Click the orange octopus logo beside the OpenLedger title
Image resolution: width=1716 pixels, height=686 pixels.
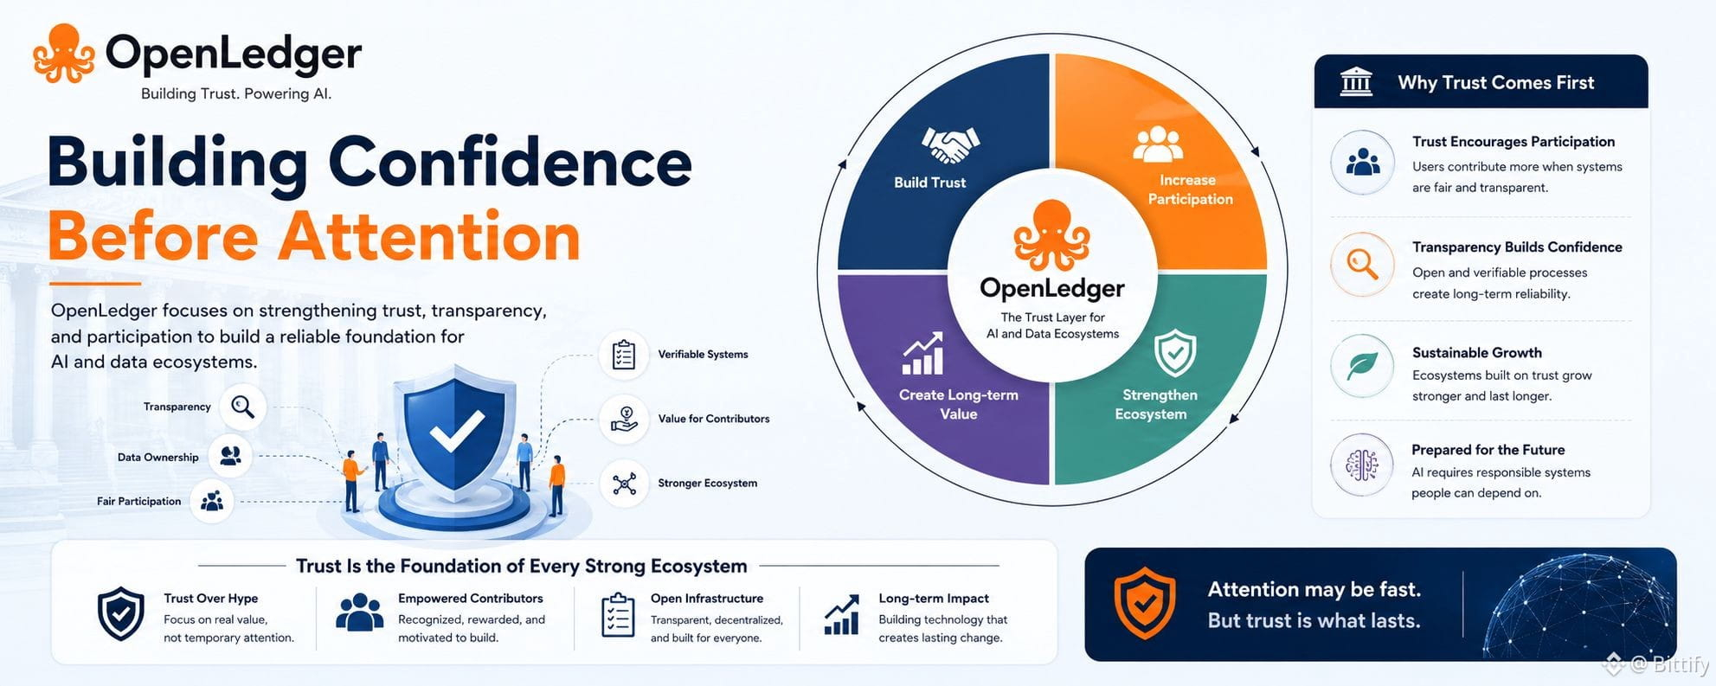click(x=64, y=54)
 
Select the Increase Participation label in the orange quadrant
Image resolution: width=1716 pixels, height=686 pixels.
click(x=1190, y=189)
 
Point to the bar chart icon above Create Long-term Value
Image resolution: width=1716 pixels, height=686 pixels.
click(x=922, y=354)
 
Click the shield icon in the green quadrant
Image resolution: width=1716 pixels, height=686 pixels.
click(x=1175, y=353)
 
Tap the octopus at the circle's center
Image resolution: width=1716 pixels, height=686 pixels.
click(x=1051, y=235)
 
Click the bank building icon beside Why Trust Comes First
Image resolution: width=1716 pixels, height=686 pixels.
click(x=1356, y=82)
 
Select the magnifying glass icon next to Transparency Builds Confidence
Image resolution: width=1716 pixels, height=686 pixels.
click(x=1363, y=264)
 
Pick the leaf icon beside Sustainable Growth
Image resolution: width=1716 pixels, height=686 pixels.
click(x=1362, y=366)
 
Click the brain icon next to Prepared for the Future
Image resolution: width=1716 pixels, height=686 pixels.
click(x=1362, y=465)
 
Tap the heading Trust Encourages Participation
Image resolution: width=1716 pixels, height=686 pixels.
click(x=1514, y=142)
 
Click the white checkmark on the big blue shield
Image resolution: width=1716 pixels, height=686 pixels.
click(x=457, y=430)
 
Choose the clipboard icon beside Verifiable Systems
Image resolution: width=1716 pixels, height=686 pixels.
click(x=624, y=355)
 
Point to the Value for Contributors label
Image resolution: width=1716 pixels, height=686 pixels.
click(x=714, y=419)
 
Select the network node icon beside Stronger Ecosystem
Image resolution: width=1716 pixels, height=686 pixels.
click(x=624, y=484)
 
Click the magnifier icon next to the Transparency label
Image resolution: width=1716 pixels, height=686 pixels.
click(x=243, y=407)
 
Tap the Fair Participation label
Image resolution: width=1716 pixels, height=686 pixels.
click(x=139, y=501)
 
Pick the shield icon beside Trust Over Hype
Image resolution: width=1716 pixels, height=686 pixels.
click(x=121, y=613)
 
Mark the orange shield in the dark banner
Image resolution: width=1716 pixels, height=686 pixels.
click(x=1145, y=603)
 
